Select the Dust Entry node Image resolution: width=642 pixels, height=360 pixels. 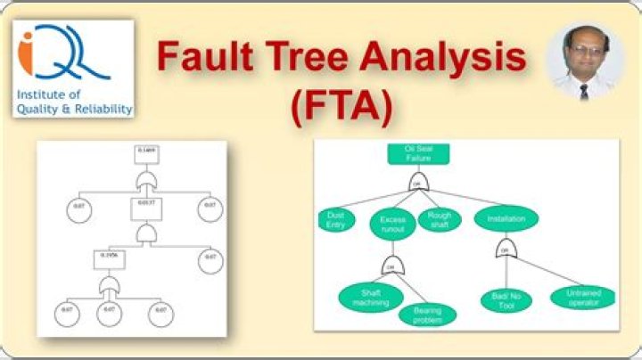tap(335, 219)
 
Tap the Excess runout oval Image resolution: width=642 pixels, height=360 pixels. tap(393, 224)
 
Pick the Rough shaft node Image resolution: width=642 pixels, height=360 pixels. tap(440, 219)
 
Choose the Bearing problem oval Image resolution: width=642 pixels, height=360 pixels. tap(427, 315)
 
